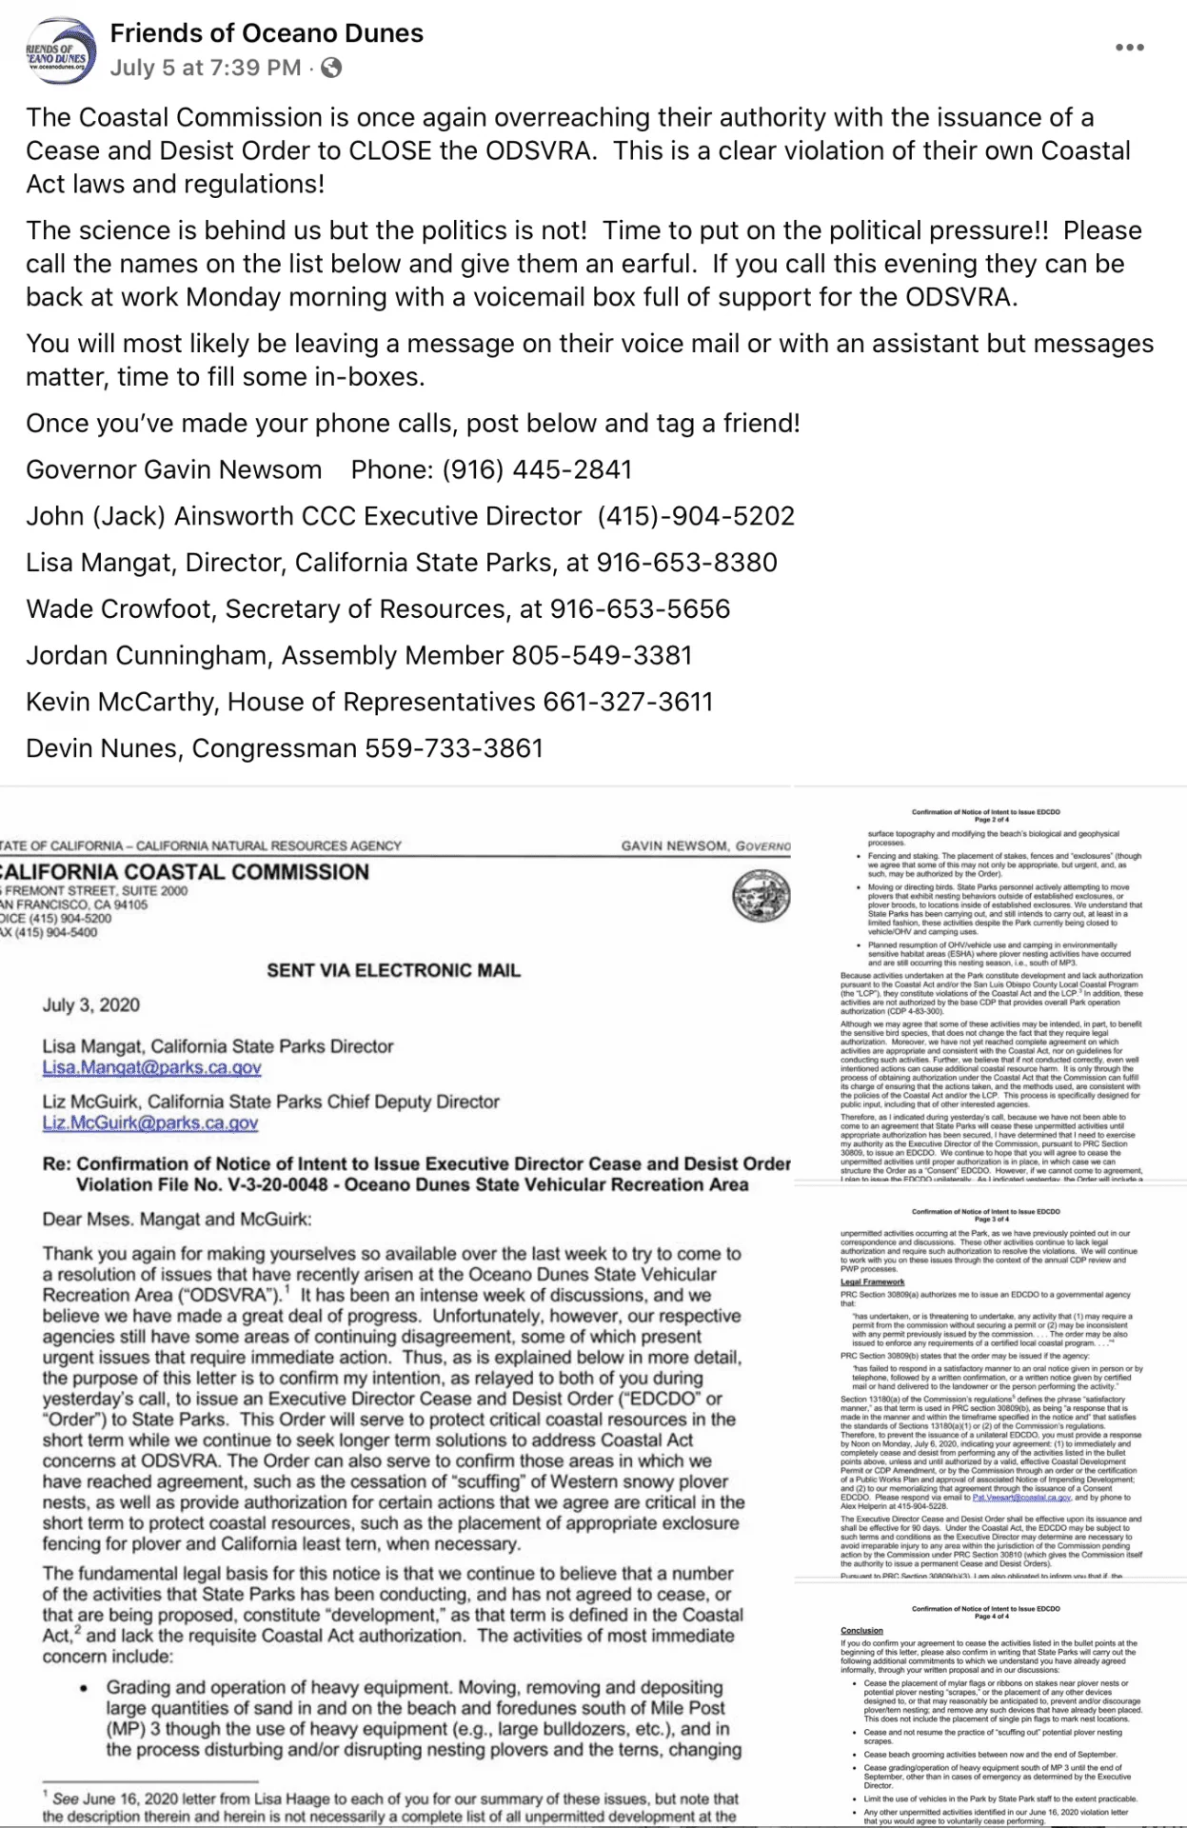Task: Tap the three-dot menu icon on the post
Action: click(x=1129, y=48)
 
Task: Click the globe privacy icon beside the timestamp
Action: click(x=331, y=68)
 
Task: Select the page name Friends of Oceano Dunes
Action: click(x=267, y=33)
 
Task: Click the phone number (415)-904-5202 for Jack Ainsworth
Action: click(x=696, y=516)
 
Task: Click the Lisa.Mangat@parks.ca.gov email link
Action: click(x=151, y=1068)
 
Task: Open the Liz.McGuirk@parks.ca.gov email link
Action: click(x=149, y=1123)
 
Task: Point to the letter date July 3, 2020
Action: click(x=91, y=1005)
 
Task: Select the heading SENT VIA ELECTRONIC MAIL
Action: click(x=393, y=970)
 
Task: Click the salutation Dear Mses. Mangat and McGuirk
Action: click(x=177, y=1220)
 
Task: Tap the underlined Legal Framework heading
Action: click(x=872, y=1282)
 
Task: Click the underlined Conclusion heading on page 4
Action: click(x=861, y=1631)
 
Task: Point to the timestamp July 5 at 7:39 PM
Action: click(x=206, y=68)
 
